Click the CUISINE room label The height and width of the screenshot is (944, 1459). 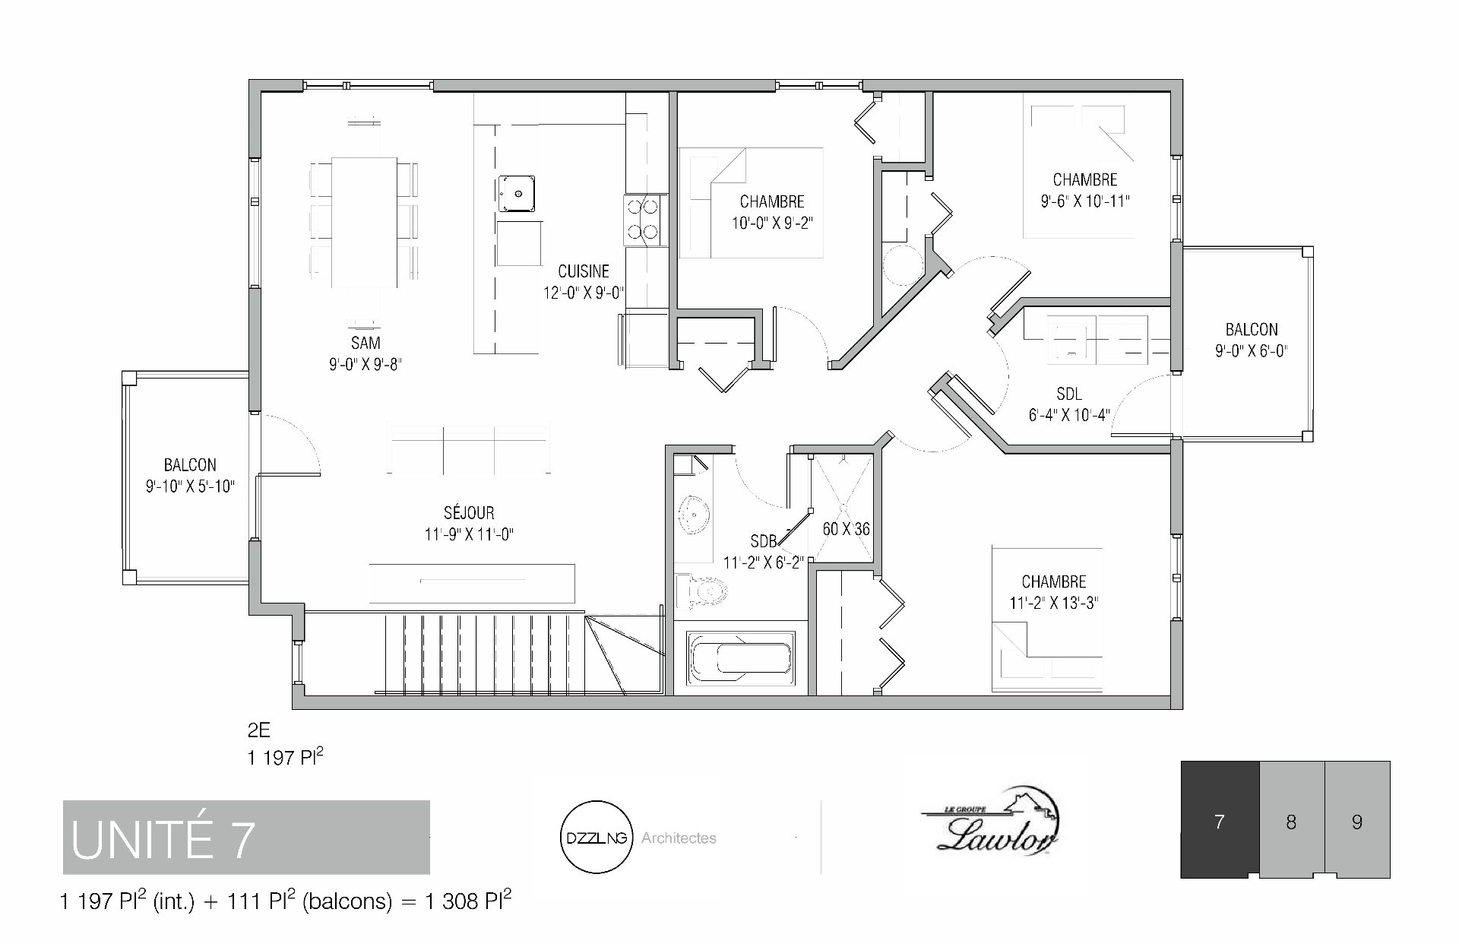(x=584, y=271)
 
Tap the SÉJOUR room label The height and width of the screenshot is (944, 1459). (x=469, y=513)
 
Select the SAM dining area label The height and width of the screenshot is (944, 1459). (x=366, y=343)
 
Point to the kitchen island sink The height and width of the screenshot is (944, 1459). (x=517, y=194)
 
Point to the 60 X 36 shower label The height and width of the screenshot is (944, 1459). (x=846, y=529)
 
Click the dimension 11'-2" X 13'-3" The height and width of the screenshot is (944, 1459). (x=1054, y=604)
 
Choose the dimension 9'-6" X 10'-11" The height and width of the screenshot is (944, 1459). (x=1085, y=202)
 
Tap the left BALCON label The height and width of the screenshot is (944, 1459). (x=190, y=465)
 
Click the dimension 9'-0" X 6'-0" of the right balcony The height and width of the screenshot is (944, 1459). (x=1252, y=351)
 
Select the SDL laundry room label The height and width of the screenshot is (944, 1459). (x=1069, y=394)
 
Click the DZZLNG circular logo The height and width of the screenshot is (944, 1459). (x=597, y=838)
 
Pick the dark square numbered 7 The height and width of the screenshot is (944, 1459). (x=1220, y=820)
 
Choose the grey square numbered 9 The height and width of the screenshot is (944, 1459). (x=1358, y=820)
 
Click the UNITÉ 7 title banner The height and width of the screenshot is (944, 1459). (x=246, y=838)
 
